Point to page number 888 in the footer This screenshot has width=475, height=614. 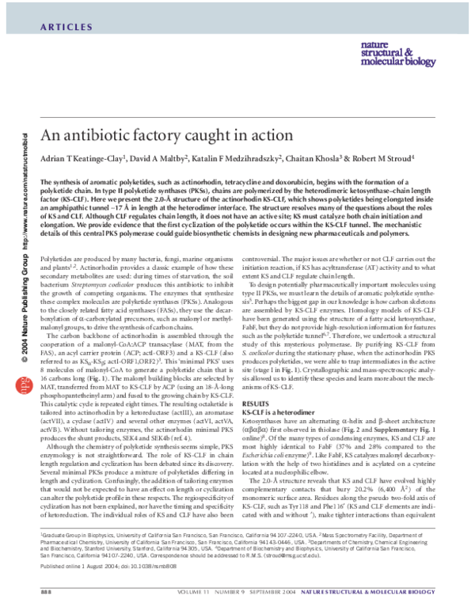45,592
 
